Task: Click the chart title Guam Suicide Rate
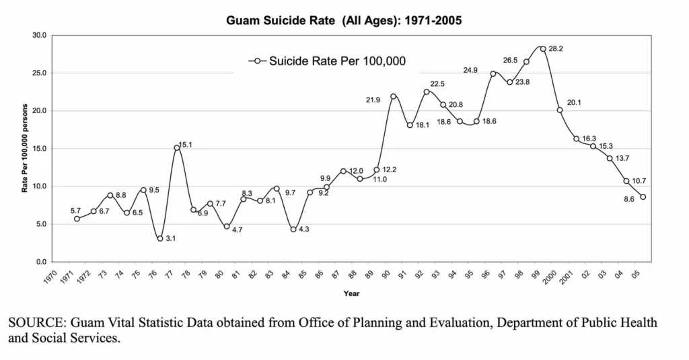tap(344, 20)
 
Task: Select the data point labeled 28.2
tap(543, 48)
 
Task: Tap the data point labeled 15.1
tap(177, 147)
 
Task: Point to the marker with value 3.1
tap(160, 238)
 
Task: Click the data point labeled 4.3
tap(293, 229)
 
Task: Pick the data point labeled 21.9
tap(393, 96)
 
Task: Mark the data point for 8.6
tap(643, 197)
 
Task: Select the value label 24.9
tap(471, 70)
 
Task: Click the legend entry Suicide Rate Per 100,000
tap(336, 61)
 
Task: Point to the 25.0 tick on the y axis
tap(39, 73)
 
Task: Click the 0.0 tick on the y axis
tap(41, 262)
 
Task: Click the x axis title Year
tap(351, 293)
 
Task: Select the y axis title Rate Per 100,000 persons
tap(25, 148)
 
